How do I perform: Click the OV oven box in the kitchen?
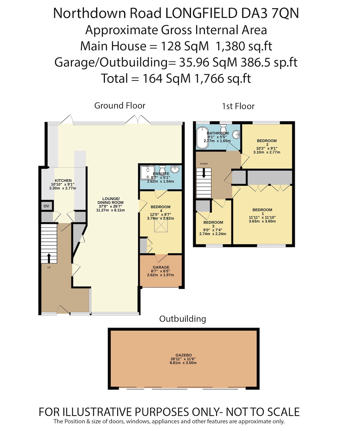coord(46,206)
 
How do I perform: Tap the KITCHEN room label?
coord(63,180)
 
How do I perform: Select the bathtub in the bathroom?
coord(202,138)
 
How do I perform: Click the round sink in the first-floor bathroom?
coord(236,134)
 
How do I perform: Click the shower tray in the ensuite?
coord(147,173)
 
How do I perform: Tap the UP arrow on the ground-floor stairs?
coord(49,258)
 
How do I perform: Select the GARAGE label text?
coord(161,267)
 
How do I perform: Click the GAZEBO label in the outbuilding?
coord(184,355)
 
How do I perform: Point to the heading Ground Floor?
coord(120,106)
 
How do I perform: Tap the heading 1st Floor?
coord(238,106)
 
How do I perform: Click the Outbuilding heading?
coord(182,319)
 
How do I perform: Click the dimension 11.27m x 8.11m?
coord(110,210)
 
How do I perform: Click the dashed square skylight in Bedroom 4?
coord(161,226)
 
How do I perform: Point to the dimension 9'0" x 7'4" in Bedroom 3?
coord(213,230)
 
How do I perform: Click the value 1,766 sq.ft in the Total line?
coord(223,78)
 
